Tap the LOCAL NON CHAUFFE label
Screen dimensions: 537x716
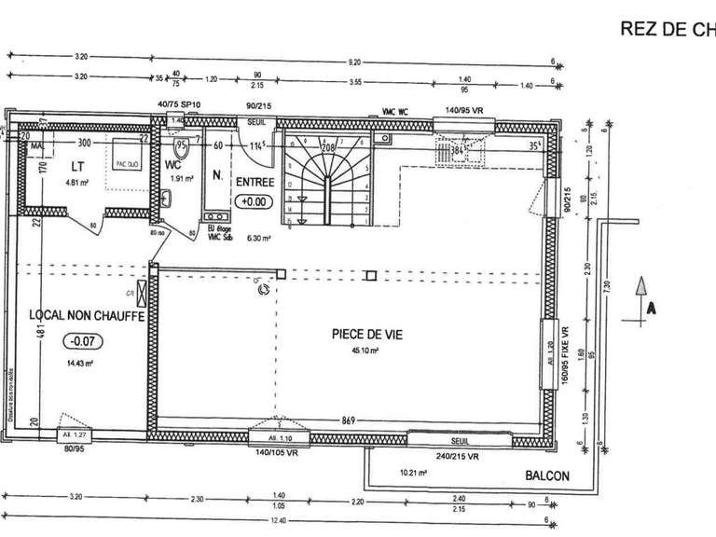(85, 316)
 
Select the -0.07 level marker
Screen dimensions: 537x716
(80, 341)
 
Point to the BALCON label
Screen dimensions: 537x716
(546, 475)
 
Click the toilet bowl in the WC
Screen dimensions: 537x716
(183, 147)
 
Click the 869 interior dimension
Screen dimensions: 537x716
(350, 419)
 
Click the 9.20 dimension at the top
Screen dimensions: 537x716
(353, 62)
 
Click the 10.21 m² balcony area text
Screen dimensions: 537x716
(412, 473)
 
